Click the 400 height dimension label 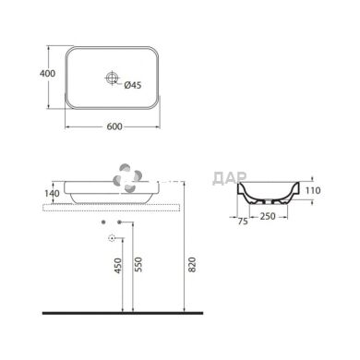[48, 74]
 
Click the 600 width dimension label [114, 126]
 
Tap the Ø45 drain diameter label [133, 85]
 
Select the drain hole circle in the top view [112, 78]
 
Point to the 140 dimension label [52, 194]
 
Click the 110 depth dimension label [313, 190]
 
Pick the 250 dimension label [268, 216]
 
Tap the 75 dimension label [243, 222]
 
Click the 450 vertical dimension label [118, 266]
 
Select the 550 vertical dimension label [138, 265]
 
